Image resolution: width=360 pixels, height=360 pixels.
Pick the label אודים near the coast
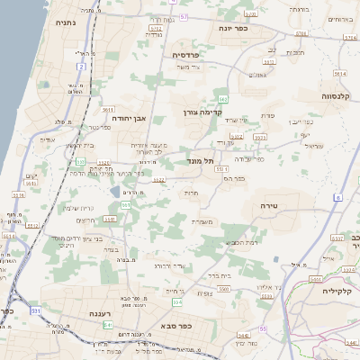(47, 139)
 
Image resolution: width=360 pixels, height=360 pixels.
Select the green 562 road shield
(221, 97)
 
